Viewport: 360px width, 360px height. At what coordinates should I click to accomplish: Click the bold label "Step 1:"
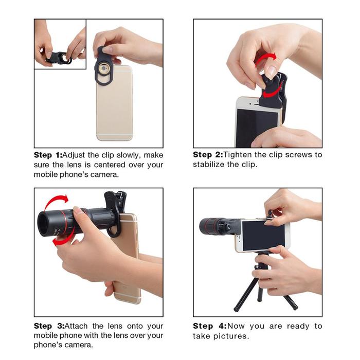pos(47,155)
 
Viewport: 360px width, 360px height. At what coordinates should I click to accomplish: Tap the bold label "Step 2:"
pos(207,155)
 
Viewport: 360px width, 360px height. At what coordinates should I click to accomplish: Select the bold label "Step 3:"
pos(47,326)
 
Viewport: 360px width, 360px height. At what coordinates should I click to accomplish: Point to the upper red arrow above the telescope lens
pos(56,201)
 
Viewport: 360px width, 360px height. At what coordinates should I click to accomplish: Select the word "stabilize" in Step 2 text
pos(211,165)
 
